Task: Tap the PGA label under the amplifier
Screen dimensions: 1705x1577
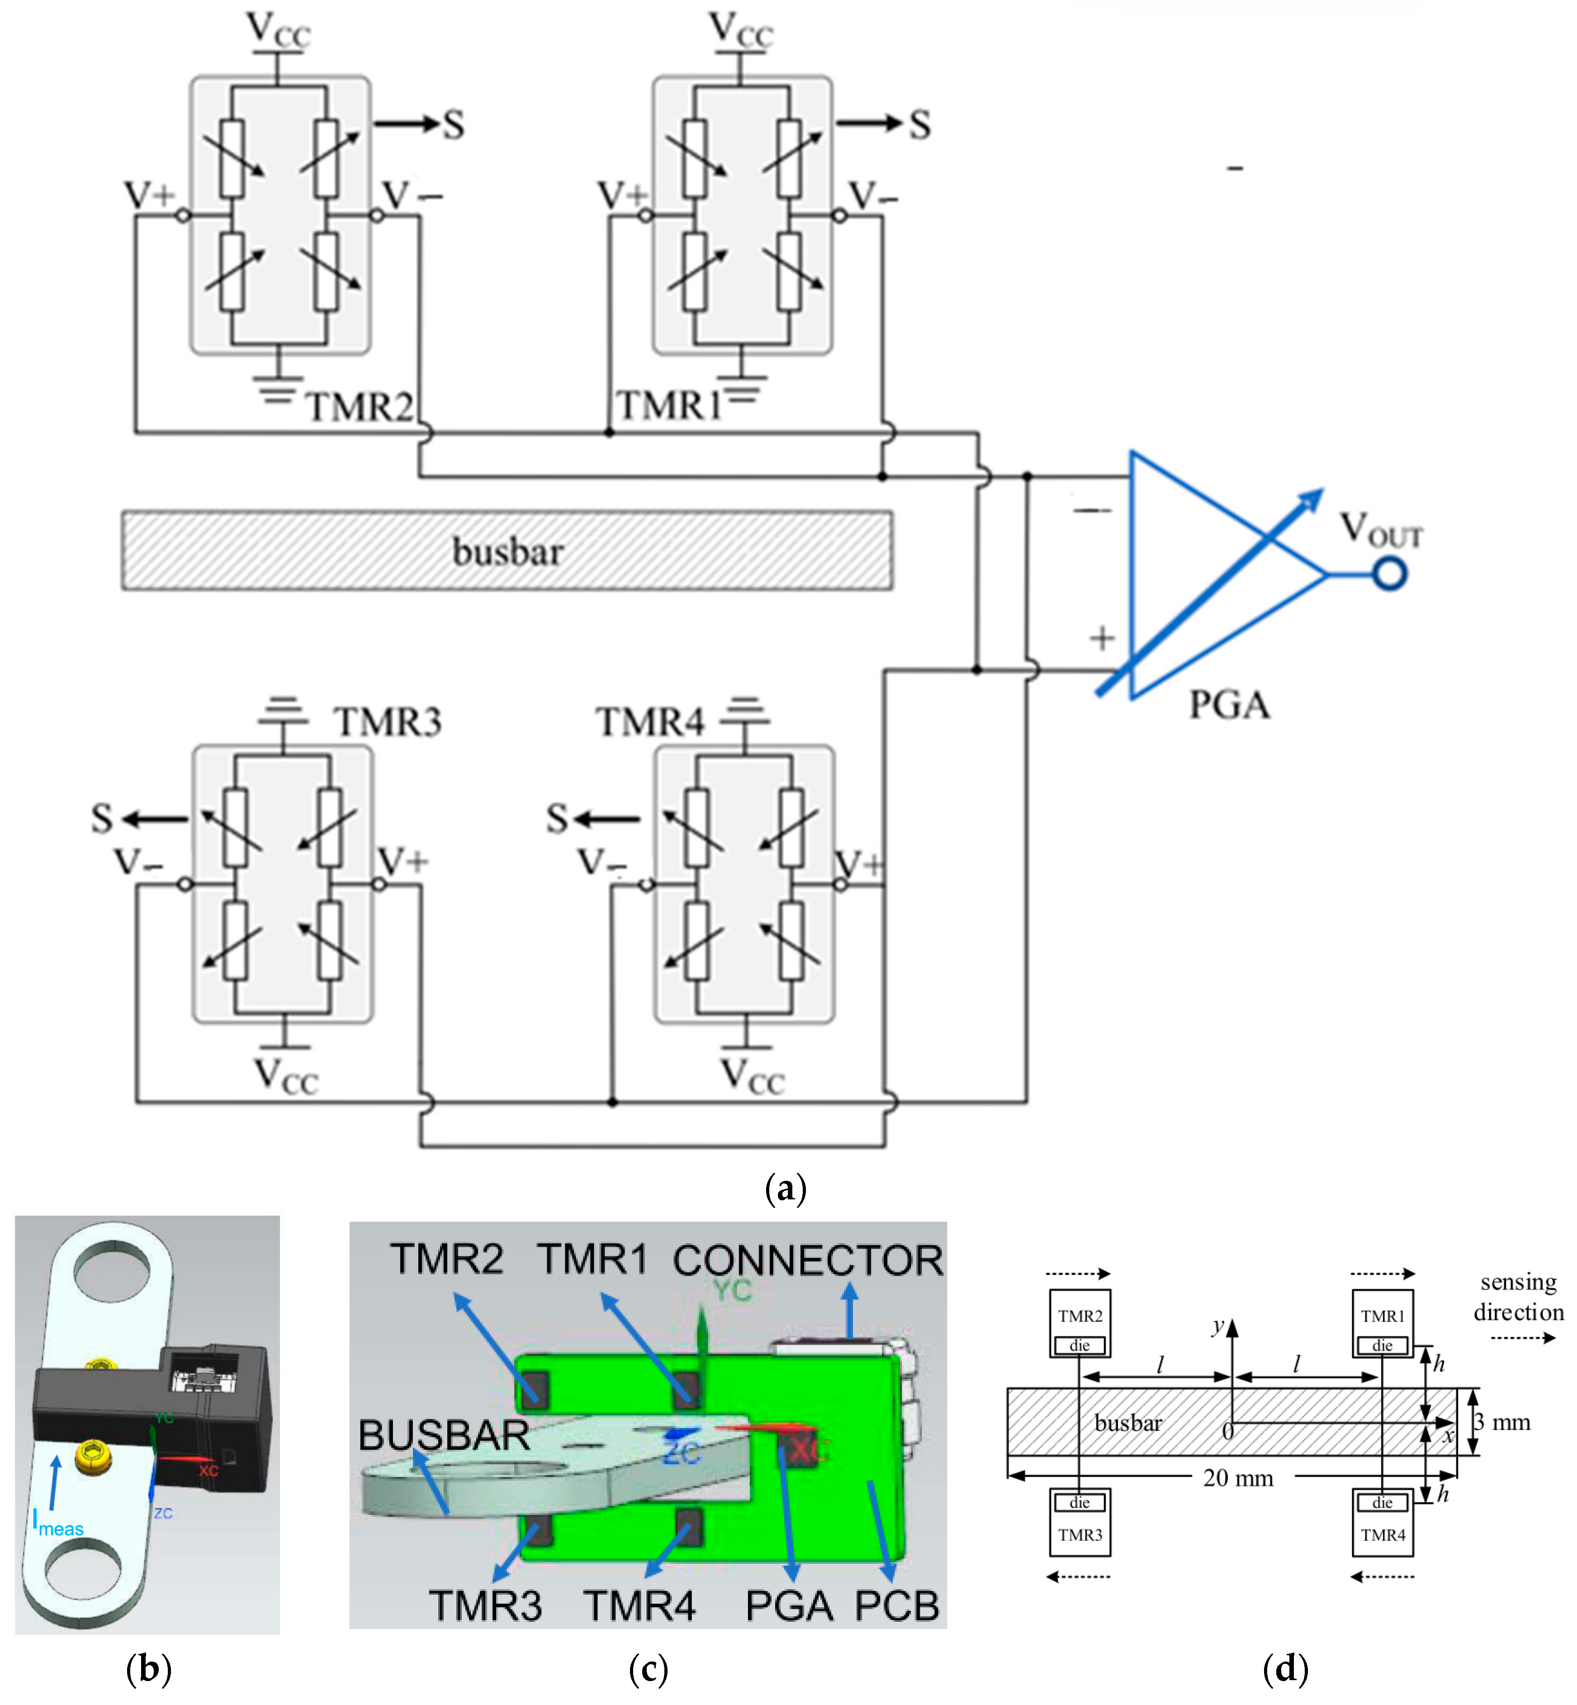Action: tap(1230, 705)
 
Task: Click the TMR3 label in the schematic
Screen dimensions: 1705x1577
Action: tap(388, 722)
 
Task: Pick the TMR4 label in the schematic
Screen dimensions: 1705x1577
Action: tap(650, 722)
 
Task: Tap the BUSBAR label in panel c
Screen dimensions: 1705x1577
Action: tap(444, 1435)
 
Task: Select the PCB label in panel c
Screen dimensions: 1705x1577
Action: tap(897, 1606)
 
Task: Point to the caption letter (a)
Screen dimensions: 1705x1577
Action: tap(785, 1188)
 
